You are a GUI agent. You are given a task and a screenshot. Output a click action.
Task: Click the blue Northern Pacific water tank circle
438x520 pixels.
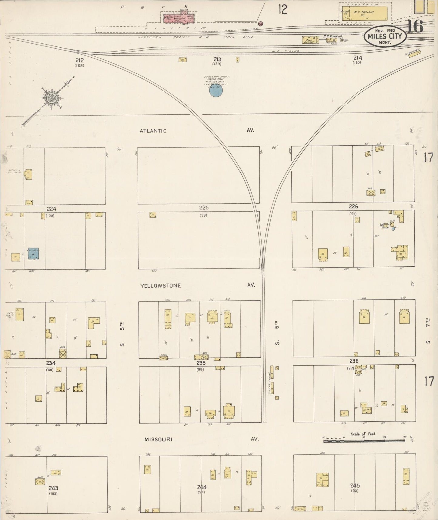coord(216,90)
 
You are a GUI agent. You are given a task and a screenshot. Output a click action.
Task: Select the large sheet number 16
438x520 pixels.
coord(415,27)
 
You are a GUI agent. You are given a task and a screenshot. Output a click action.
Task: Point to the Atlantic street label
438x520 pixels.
coord(153,131)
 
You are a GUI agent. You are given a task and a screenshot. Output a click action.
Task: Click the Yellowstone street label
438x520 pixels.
coord(160,285)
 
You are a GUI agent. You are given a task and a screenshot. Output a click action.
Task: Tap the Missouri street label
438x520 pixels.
coord(158,439)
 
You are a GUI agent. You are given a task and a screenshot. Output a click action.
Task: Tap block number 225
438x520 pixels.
coord(204,208)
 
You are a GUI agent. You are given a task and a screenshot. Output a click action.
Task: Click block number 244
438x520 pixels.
coord(202,487)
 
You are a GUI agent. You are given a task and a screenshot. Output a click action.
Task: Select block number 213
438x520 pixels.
coord(217,59)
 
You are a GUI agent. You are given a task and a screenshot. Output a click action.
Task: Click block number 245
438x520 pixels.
coord(355,486)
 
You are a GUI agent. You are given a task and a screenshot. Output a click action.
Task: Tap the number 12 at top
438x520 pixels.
coord(283,9)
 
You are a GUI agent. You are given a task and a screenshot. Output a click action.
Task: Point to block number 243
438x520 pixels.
coord(53,488)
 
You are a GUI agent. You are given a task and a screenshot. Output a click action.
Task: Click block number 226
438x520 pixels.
coord(353,207)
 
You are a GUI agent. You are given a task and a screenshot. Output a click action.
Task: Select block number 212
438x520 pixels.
coord(79,60)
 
